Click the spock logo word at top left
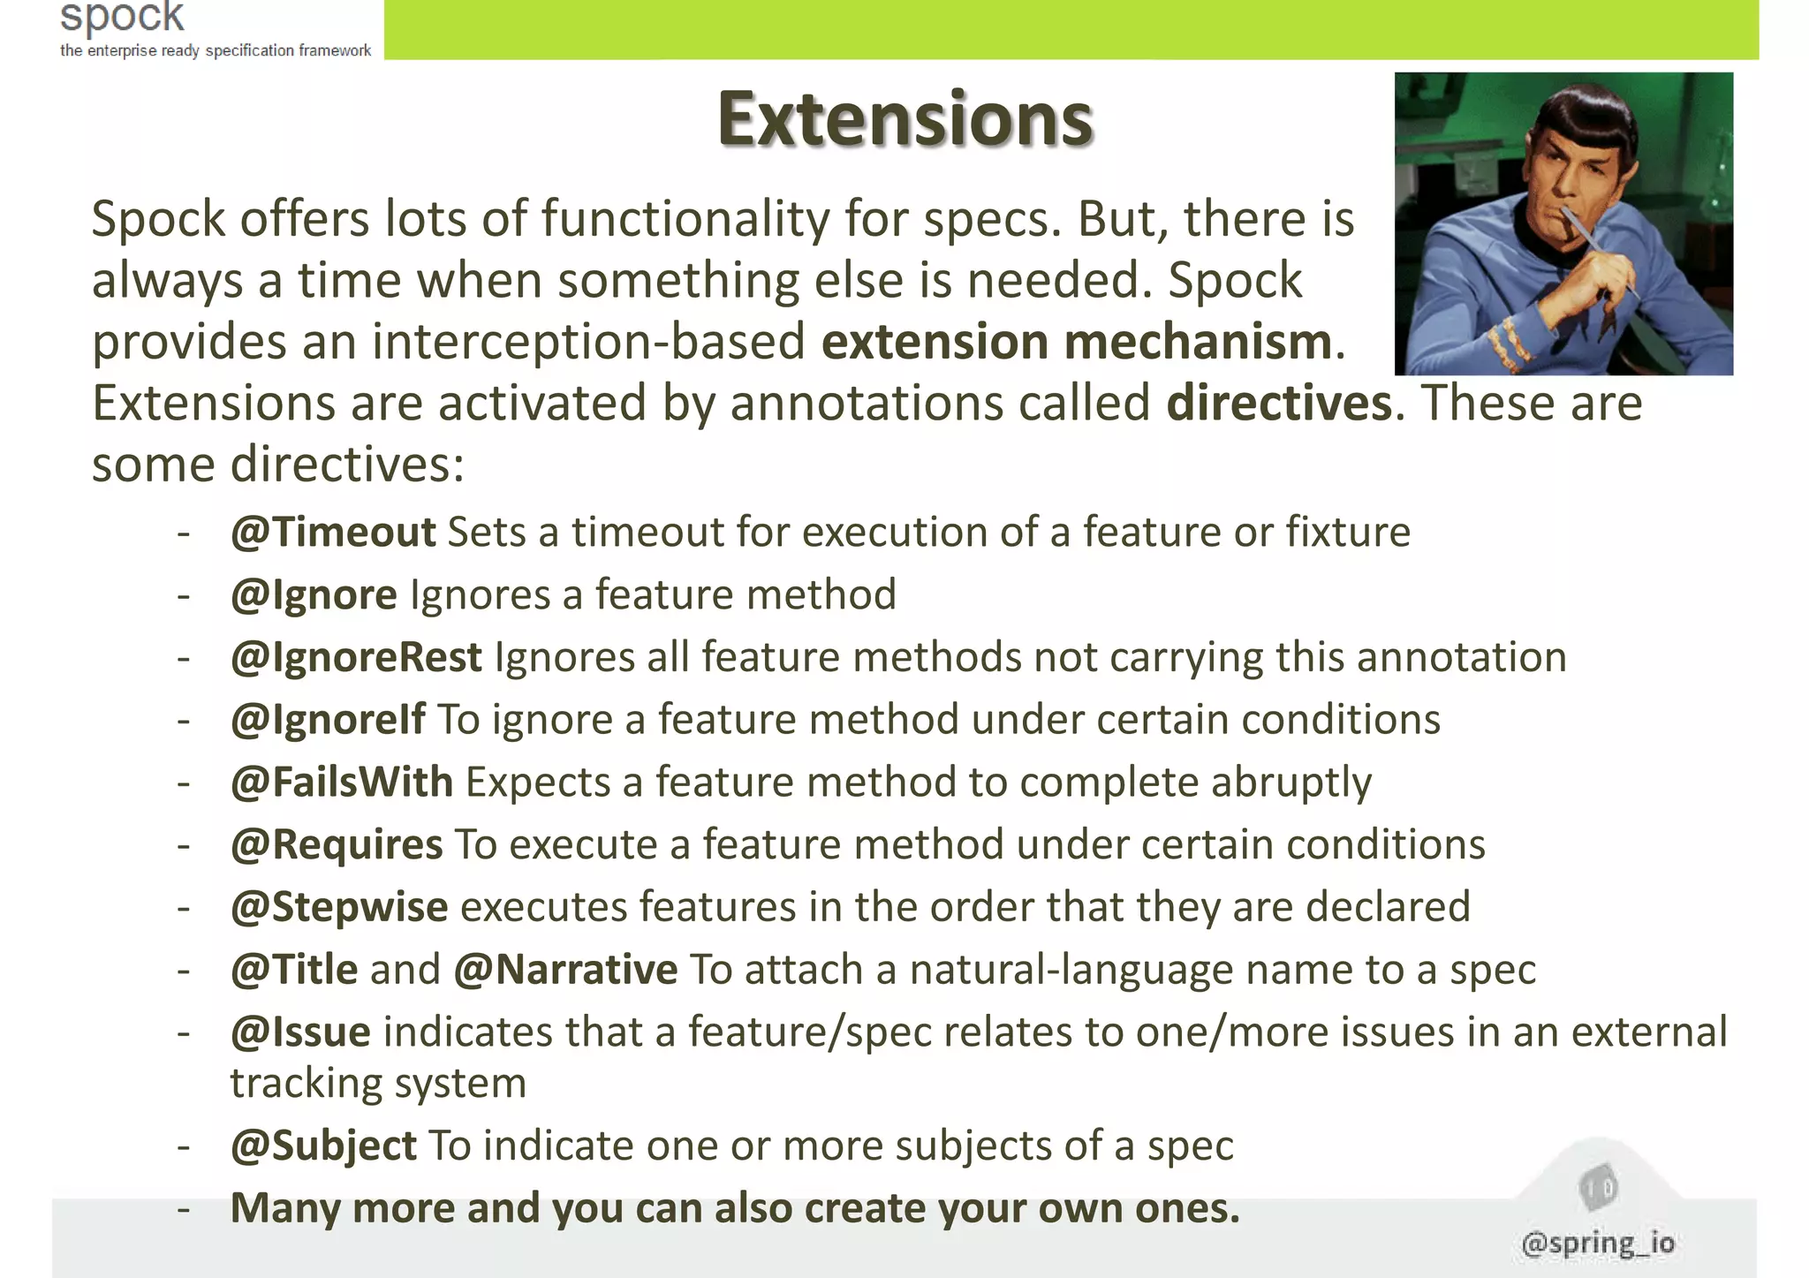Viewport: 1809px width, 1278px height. tap(122, 18)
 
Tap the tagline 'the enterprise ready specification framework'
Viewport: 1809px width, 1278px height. tap(216, 51)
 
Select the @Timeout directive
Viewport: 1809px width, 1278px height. tap(333, 533)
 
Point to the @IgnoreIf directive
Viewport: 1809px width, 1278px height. tap(328, 720)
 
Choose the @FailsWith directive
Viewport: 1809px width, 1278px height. tap(341, 783)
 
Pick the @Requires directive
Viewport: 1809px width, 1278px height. tap(336, 845)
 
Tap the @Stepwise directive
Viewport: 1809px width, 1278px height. tap(338, 908)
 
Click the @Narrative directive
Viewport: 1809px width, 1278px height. tap(565, 970)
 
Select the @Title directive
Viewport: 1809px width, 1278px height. tap(293, 970)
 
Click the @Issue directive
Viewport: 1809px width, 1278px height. tap(300, 1032)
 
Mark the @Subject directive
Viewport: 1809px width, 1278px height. tap(322, 1146)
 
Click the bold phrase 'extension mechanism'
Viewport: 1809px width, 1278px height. tap(1076, 343)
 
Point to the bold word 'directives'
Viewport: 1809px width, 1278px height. tap(1279, 404)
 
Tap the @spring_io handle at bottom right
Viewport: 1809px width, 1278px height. tap(1598, 1244)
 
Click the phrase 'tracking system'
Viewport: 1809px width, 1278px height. tap(378, 1084)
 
